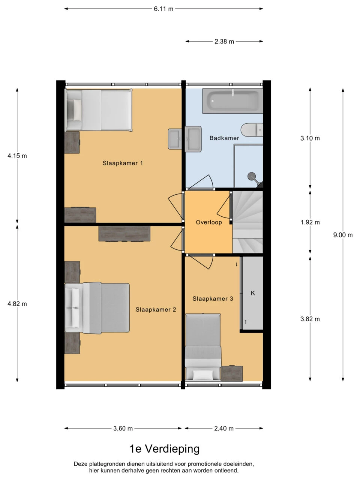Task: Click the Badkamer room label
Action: click(224, 138)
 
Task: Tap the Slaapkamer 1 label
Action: click(123, 163)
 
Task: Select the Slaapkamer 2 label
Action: click(156, 310)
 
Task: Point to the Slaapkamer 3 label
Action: click(213, 299)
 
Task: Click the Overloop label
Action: click(209, 222)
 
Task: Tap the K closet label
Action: click(253, 293)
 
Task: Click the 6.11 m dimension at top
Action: click(163, 9)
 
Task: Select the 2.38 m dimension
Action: click(224, 42)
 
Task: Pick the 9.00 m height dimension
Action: click(343, 235)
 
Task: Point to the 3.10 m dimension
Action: click(310, 138)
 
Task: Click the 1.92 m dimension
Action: click(310, 222)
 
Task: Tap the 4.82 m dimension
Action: click(17, 304)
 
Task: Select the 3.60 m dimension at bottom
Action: click(123, 428)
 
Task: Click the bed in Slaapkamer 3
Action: click(202, 347)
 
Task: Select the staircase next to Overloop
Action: click(247, 221)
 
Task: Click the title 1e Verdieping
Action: click(164, 448)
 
